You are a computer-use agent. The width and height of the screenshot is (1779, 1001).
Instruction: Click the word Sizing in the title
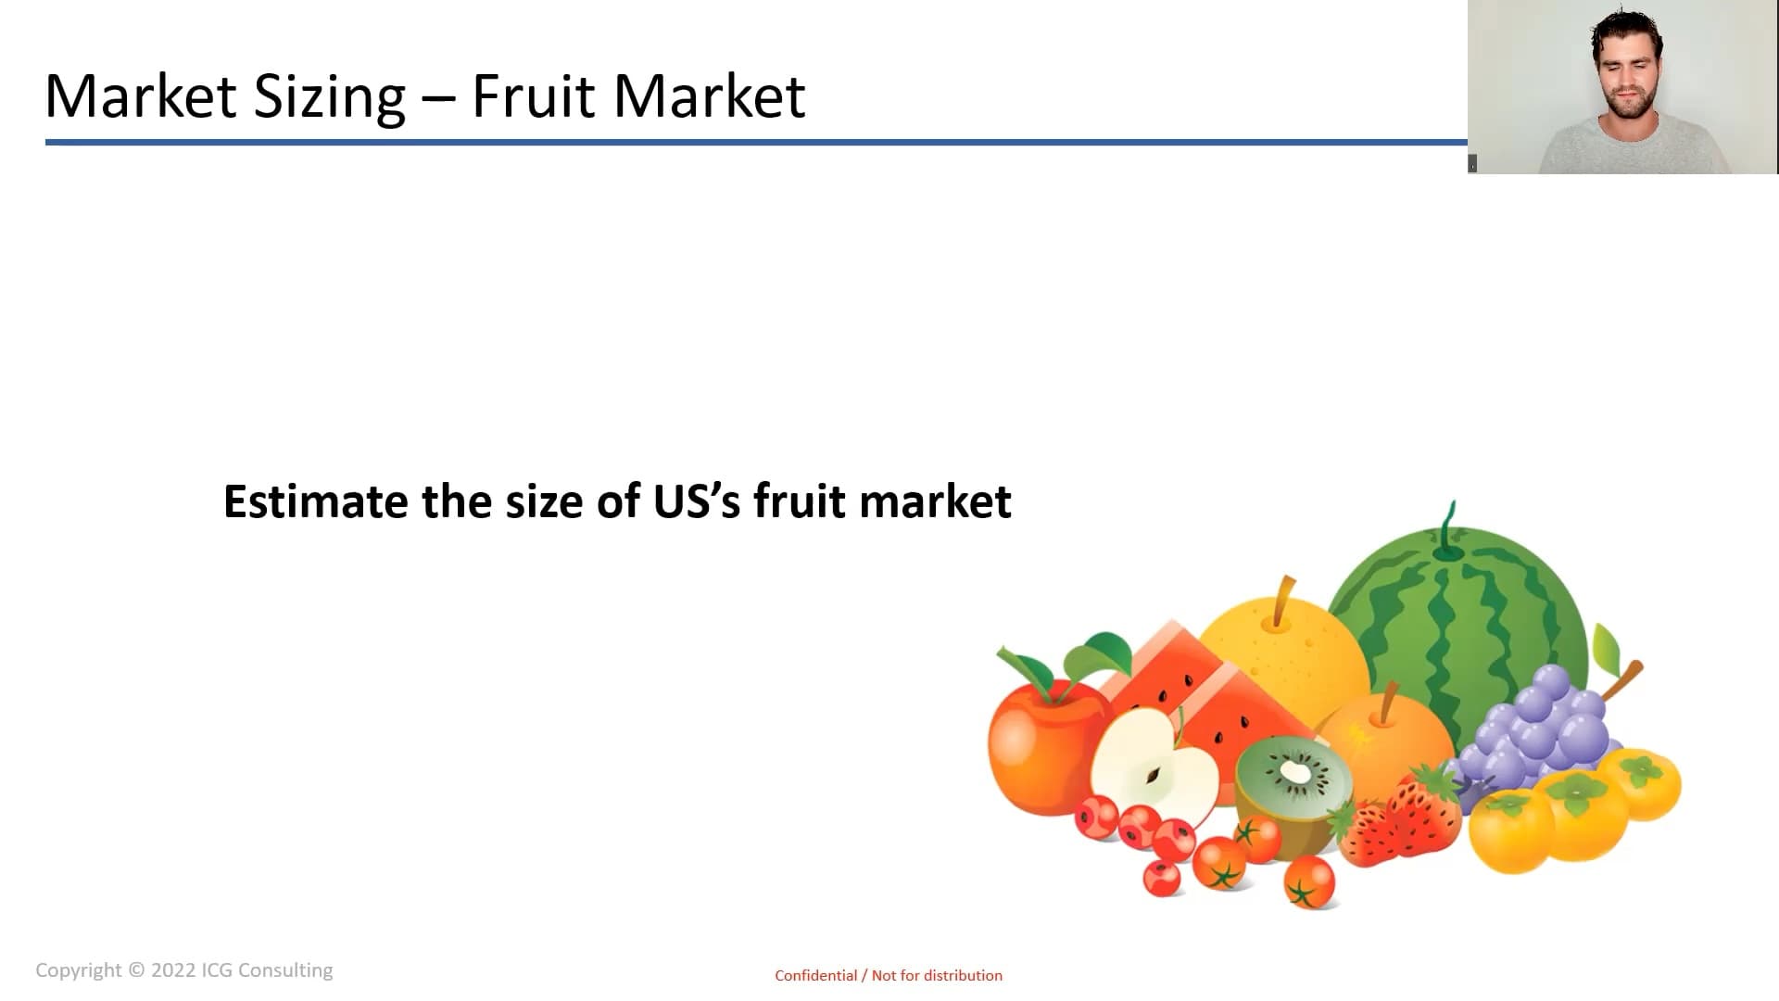[x=330, y=97]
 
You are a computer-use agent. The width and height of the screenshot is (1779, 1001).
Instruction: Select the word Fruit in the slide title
[x=534, y=95]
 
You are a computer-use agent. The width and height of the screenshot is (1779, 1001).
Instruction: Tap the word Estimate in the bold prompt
[x=316, y=501]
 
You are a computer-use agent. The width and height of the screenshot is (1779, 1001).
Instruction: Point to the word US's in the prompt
[x=697, y=501]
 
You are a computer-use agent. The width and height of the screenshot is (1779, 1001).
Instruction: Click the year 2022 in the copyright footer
[x=173, y=970]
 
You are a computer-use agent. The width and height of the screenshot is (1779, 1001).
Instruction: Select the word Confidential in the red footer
[x=816, y=975]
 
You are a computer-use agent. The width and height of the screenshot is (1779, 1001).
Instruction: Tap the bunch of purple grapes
[x=1538, y=732]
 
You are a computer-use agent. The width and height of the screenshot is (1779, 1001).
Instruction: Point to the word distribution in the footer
[x=963, y=975]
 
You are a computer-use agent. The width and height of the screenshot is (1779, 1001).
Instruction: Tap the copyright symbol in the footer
[x=136, y=970]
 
